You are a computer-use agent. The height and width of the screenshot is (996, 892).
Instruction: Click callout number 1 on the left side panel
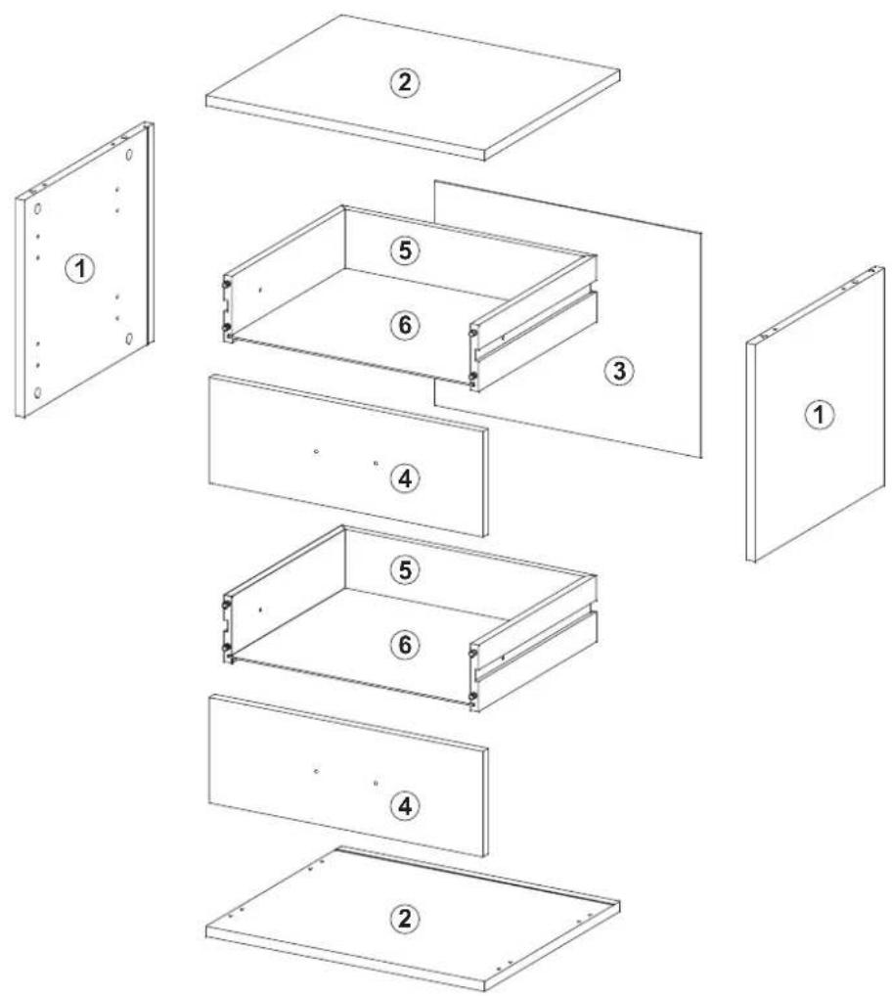80,269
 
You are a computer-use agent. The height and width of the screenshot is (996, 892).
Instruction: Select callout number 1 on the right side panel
819,415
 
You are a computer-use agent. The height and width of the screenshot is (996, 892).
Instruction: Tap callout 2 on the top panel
404,82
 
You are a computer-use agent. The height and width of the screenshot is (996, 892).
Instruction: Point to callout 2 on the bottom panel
404,919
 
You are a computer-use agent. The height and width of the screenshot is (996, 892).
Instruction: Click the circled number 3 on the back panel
619,371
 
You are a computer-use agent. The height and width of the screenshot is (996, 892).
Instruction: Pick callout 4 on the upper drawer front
404,478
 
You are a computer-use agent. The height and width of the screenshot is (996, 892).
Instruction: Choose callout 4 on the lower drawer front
404,806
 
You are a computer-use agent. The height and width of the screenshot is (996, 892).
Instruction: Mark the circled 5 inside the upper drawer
404,250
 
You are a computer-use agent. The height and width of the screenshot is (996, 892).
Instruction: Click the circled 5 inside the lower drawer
404,570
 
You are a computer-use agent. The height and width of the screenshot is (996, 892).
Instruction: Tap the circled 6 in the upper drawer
404,325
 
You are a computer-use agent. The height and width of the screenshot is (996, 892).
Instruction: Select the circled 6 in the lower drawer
404,645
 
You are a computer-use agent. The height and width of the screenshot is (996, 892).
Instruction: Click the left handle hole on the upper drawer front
316,452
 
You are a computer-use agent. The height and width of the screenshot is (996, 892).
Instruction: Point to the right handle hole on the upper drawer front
376,464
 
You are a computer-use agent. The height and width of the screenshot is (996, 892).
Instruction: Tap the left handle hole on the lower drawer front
316,771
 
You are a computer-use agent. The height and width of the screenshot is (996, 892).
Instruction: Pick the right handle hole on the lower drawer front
376,784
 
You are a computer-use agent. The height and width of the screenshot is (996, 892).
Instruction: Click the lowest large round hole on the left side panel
38,392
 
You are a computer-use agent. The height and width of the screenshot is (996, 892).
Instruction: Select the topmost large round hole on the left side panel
129,155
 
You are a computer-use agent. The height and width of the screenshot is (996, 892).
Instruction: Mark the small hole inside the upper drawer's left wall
260,290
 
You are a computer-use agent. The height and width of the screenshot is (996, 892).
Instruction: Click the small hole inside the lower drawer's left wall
260,610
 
